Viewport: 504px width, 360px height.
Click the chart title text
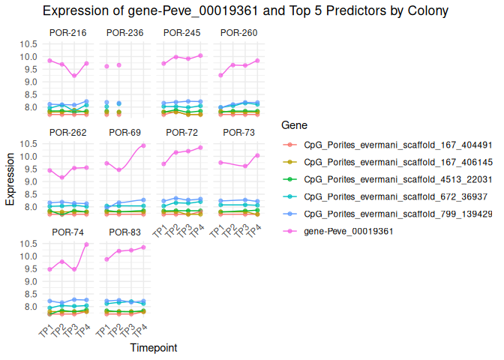[x=245, y=11]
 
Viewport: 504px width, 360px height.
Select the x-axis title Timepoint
[x=154, y=348]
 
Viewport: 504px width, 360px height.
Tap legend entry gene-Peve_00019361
[x=344, y=231]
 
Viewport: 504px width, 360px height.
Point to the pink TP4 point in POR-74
[x=86, y=244]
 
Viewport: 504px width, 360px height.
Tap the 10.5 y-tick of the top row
[x=28, y=44]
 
